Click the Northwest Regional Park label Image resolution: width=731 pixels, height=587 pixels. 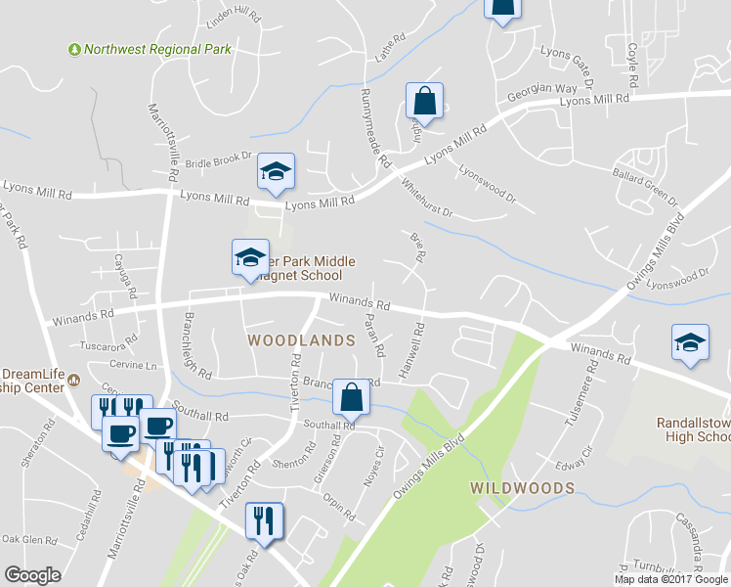[157, 49]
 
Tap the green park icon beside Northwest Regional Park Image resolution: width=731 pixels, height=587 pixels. [74, 49]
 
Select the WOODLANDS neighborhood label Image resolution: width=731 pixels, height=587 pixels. [300, 340]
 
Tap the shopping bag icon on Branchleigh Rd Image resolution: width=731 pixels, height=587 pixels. [351, 397]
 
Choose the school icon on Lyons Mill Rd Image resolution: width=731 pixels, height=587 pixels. [277, 172]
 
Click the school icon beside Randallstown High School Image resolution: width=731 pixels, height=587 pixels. [690, 343]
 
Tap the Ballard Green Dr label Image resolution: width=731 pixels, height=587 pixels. [646, 183]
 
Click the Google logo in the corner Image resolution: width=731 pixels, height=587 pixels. [33, 575]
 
